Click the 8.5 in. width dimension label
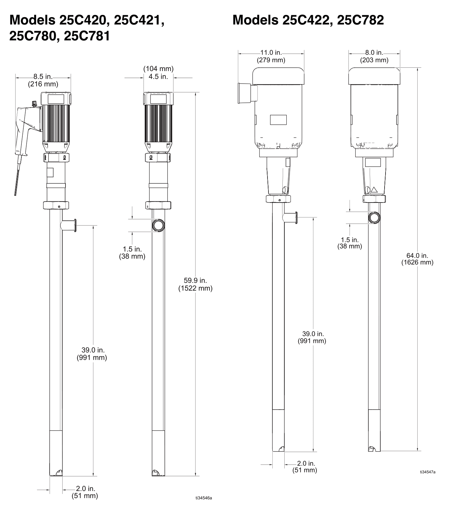coord(43,77)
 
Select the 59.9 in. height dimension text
coord(195,280)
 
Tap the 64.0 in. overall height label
coord(417,255)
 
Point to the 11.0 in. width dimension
coord(271,53)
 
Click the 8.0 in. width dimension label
coord(374,53)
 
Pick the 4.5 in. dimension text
coord(158,77)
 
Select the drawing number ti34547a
coord(428,472)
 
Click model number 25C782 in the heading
coord(361,20)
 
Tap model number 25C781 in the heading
coord(87,36)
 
